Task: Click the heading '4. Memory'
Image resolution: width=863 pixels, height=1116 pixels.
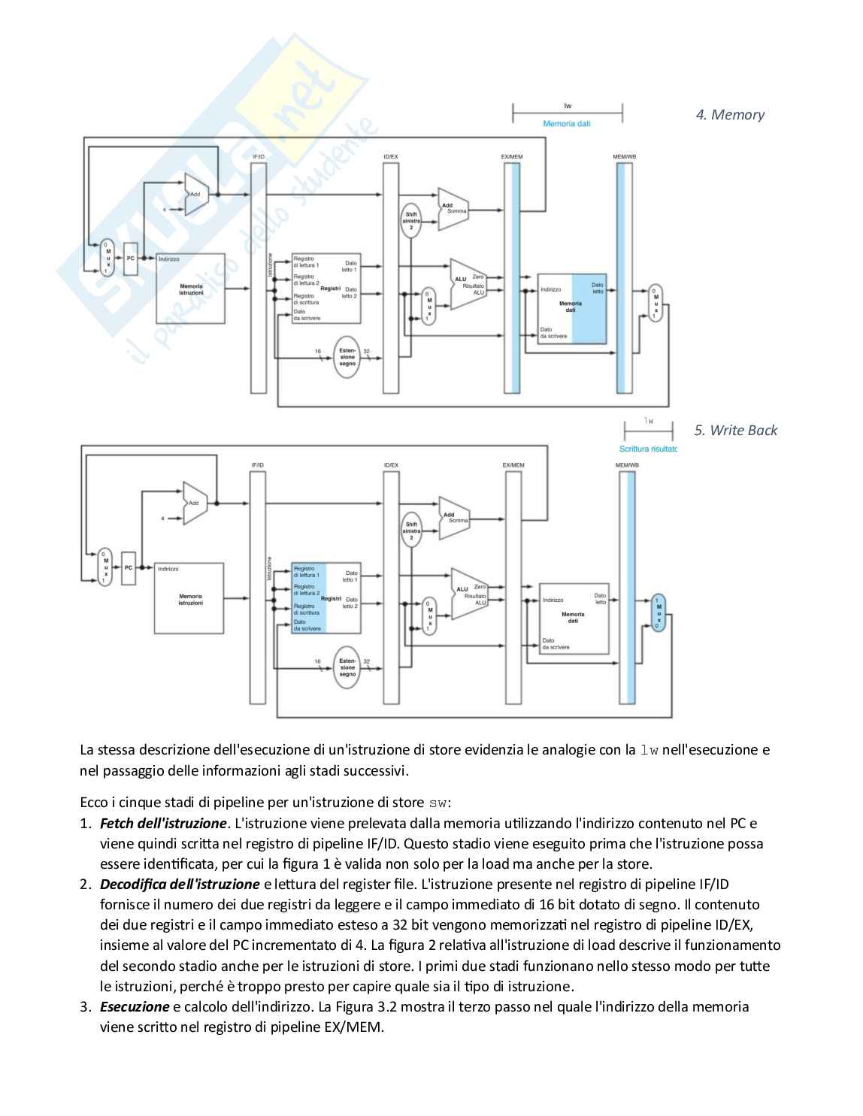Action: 729,115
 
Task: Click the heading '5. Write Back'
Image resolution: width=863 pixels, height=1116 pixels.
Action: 735,431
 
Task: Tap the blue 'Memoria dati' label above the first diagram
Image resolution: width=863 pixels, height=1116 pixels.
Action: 567,123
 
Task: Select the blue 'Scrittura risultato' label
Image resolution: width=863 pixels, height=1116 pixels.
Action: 648,449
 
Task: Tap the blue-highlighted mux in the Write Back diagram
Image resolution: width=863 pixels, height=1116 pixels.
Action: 659,612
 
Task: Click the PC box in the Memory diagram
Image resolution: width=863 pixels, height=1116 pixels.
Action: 130,259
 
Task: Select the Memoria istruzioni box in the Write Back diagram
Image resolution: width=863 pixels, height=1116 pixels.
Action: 189,598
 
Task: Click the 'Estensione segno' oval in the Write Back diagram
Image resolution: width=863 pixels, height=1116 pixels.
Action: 347,667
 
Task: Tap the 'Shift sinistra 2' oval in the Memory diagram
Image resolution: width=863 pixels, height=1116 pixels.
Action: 410,219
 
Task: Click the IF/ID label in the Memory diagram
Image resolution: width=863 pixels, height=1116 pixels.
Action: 258,156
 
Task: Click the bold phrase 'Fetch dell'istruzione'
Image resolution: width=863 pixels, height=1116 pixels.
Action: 163,824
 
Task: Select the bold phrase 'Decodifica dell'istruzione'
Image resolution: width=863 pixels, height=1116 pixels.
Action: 180,885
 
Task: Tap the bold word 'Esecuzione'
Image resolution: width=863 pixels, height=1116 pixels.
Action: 135,1006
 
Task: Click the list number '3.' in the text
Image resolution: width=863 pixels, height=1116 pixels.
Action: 85,1006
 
